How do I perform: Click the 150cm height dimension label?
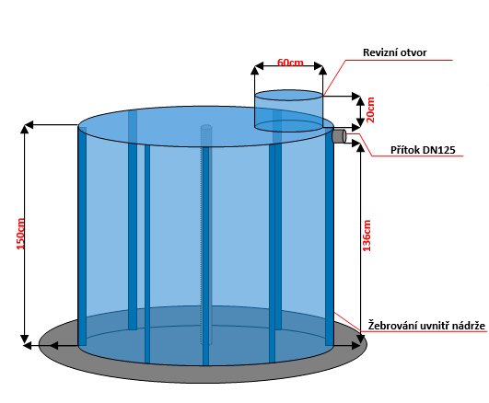(x=20, y=234)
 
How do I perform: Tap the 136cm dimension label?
(x=367, y=236)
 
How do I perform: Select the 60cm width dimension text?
(x=290, y=63)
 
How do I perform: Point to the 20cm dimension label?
(x=370, y=109)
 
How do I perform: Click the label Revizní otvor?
(x=394, y=52)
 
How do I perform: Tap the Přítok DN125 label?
(x=423, y=150)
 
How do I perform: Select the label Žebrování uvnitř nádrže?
(x=426, y=326)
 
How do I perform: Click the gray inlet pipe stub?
(x=339, y=136)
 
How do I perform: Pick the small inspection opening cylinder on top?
(x=289, y=110)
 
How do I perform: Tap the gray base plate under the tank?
(x=203, y=373)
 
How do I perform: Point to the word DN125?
(x=438, y=150)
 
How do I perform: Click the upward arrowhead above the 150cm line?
(x=24, y=128)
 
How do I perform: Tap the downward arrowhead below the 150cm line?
(x=24, y=340)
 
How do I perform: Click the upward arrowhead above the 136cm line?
(x=360, y=147)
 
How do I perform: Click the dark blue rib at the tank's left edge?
(x=82, y=236)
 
